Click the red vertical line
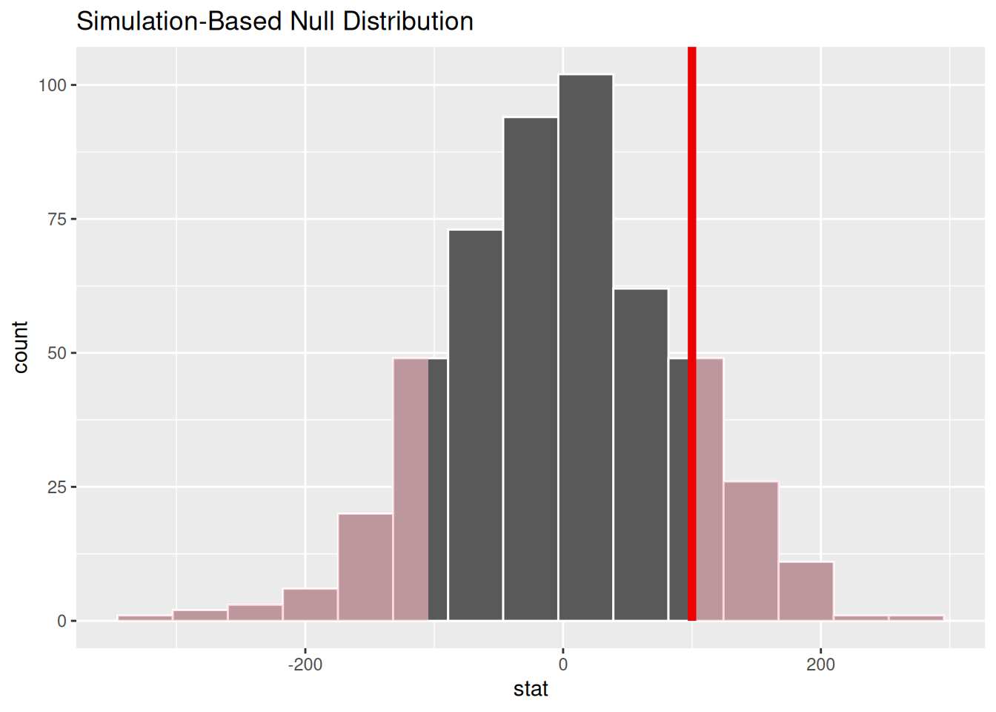tap(691, 334)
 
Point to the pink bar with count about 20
tap(365, 567)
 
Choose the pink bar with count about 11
tap(806, 591)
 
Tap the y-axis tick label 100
tap(53, 85)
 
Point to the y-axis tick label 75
tap(57, 220)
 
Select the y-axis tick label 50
tap(57, 353)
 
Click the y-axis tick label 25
tap(57, 487)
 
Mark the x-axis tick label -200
tap(305, 665)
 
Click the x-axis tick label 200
tap(820, 665)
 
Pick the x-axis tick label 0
tap(562, 665)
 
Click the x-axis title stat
tap(531, 689)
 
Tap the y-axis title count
tap(20, 347)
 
